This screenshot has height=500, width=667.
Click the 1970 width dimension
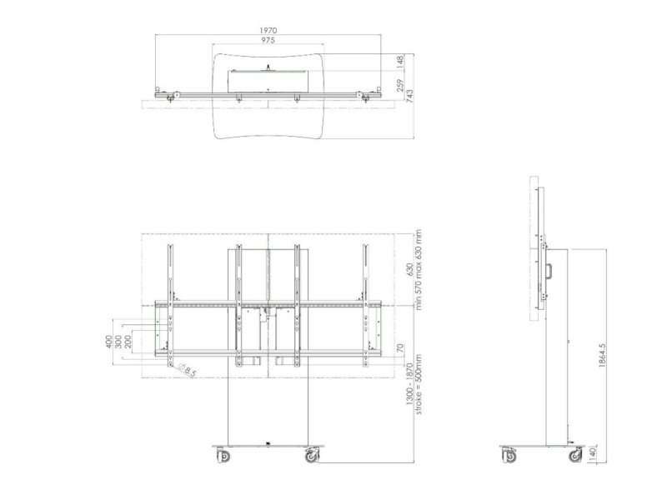click(x=268, y=30)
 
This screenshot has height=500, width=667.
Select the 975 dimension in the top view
click(x=268, y=40)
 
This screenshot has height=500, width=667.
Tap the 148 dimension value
click(x=400, y=62)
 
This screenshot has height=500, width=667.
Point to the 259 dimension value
click(x=400, y=85)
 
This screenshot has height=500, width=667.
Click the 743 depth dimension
click(x=410, y=96)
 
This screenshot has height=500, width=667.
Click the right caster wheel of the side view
click(x=575, y=455)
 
